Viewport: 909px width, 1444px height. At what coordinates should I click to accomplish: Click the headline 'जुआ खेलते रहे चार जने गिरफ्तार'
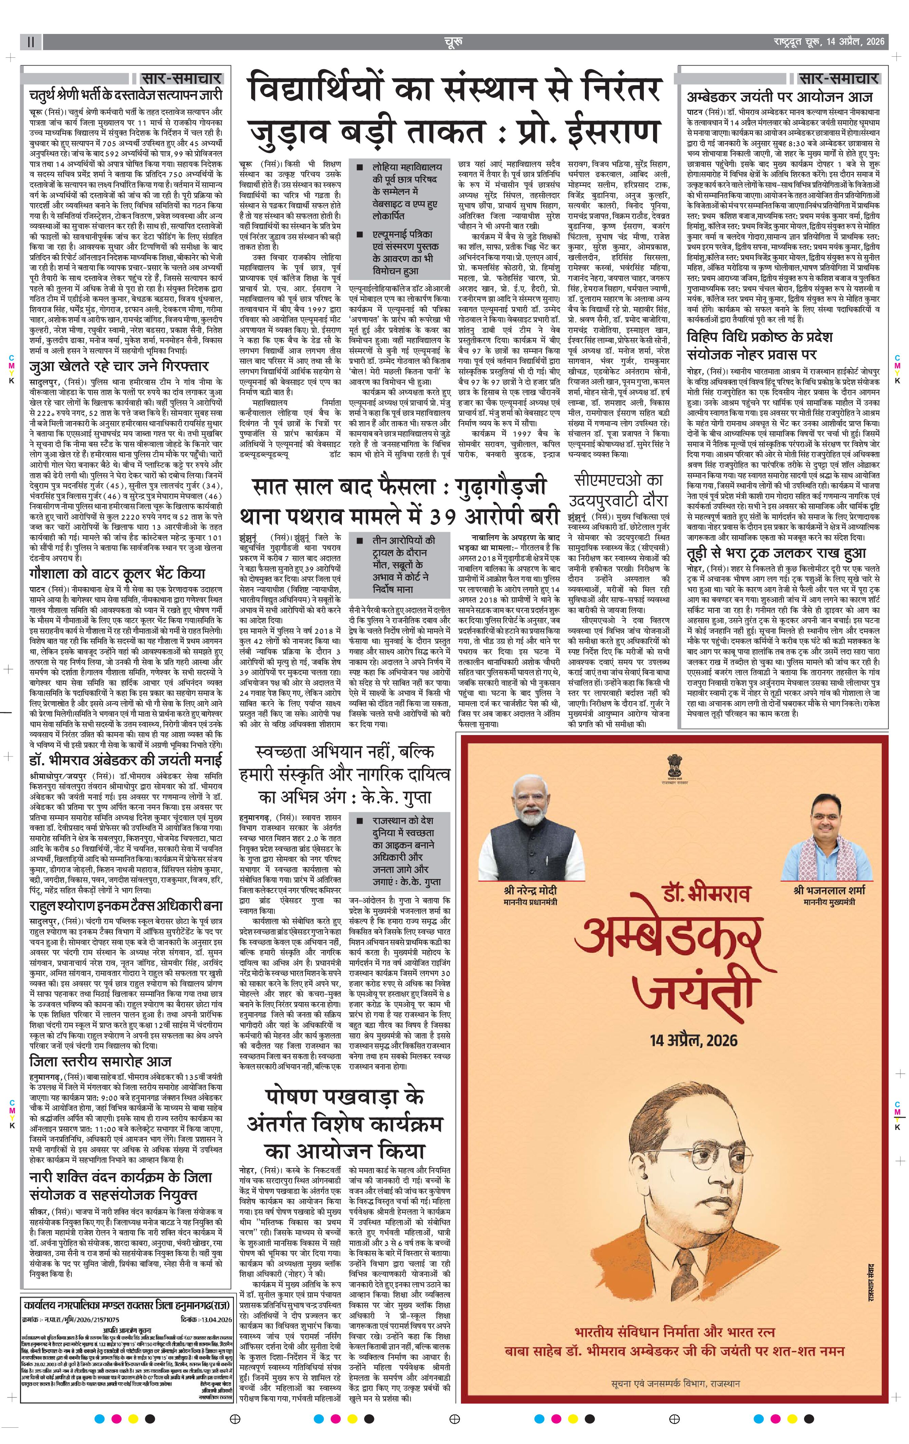(119, 366)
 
